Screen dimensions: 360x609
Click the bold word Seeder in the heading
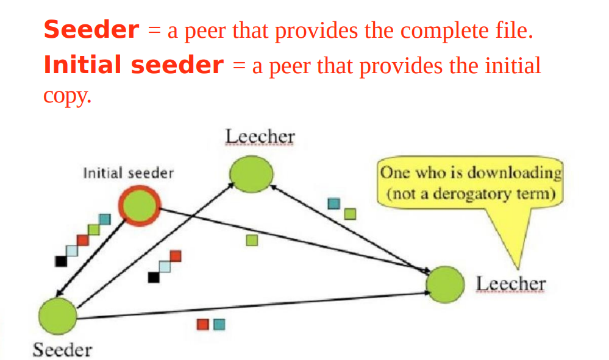click(91, 30)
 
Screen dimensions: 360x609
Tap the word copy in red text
click(67, 96)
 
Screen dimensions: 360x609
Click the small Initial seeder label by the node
click(129, 173)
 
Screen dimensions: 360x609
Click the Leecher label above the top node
click(260, 137)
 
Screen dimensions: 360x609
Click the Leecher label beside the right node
click(511, 284)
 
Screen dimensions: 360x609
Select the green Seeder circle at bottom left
click(57, 316)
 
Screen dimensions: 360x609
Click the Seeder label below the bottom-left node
click(62, 350)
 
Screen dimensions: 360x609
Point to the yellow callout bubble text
click(470, 184)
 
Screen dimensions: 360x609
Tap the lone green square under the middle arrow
click(252, 241)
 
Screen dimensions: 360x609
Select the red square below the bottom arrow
click(202, 325)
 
